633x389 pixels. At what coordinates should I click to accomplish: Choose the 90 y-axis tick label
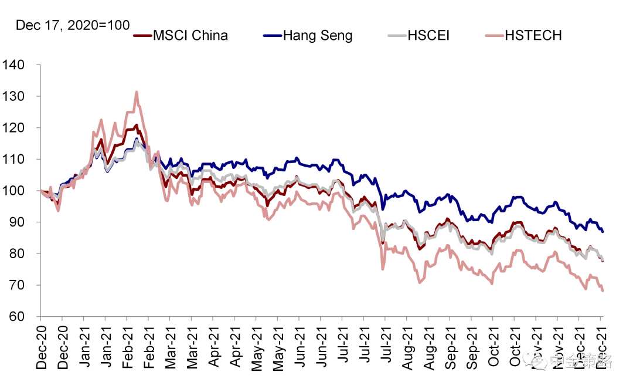coord(22,222)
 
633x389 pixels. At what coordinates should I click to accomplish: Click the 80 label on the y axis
coord(22,254)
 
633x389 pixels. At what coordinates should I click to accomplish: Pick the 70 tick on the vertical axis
coord(22,286)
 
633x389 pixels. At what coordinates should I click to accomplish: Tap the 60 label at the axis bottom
coord(22,317)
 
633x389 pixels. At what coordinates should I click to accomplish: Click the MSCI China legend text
coord(190,36)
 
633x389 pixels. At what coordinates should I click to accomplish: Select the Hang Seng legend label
coord(318,36)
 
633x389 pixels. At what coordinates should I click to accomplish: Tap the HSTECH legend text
coord(533,36)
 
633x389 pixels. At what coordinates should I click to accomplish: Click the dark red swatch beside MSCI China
coord(142,36)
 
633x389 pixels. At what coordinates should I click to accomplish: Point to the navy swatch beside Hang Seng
coord(273,36)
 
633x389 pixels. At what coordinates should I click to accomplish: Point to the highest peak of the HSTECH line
coord(137,92)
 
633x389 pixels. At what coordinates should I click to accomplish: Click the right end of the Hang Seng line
coord(603,232)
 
